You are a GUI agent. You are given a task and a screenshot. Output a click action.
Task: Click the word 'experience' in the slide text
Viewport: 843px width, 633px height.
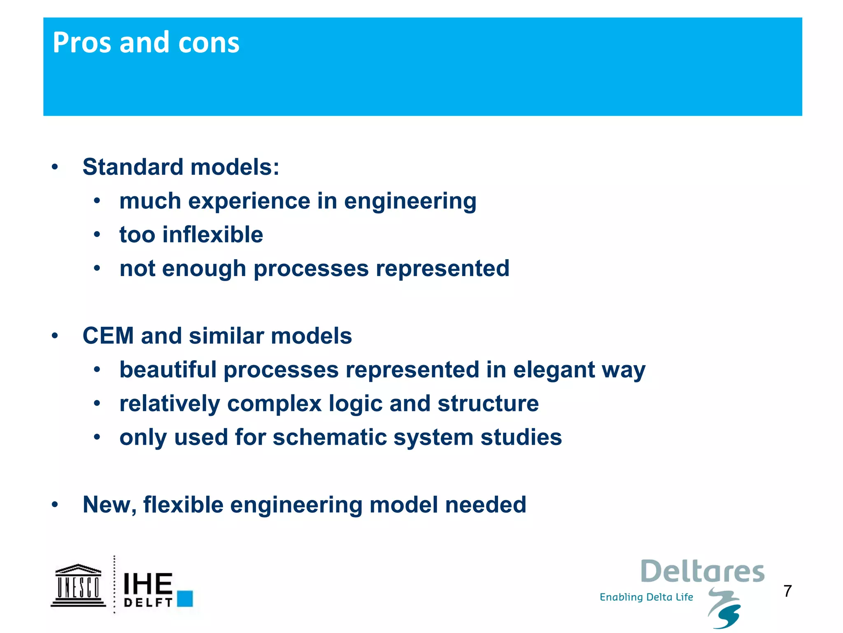click(x=249, y=202)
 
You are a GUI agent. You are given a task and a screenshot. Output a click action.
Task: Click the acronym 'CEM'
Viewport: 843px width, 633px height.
click(x=108, y=335)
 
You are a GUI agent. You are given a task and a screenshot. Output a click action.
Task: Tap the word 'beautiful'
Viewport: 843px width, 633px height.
click(x=168, y=369)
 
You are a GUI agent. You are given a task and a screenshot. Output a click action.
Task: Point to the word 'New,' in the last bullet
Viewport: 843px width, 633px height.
click(x=109, y=505)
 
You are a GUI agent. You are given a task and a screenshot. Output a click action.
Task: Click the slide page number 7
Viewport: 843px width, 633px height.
click(x=787, y=591)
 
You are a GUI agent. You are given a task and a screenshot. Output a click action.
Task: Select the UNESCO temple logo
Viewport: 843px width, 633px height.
click(x=78, y=585)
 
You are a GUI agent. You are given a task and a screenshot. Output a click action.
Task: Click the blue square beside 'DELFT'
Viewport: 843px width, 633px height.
click(x=185, y=598)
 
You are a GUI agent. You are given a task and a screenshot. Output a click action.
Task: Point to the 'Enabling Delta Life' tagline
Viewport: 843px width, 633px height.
click(x=646, y=597)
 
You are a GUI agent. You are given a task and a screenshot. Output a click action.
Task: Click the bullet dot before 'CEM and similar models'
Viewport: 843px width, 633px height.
click(x=55, y=335)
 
